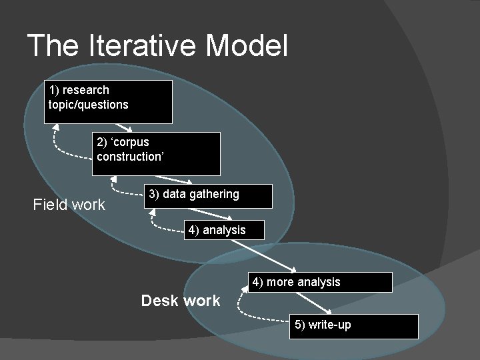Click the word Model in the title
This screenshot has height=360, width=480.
coord(247,46)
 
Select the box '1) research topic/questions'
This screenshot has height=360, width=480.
coord(108,102)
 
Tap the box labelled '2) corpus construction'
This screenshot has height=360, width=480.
coord(156,153)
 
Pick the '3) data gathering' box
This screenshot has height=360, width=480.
coord(208,196)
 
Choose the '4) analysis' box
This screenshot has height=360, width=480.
coord(225,230)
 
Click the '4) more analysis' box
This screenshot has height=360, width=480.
coord(320,282)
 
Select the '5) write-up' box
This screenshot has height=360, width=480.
coord(353,326)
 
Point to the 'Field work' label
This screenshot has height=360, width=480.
coord(69,205)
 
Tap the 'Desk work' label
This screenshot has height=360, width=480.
coord(181,301)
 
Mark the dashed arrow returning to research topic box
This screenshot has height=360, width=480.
coord(63,151)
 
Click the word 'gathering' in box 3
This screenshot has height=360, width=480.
coord(214,194)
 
